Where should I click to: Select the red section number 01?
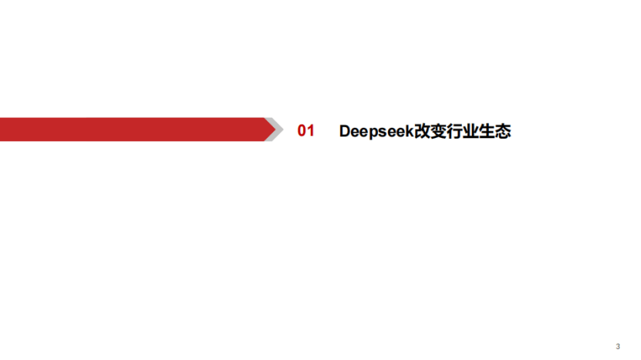coord(305,131)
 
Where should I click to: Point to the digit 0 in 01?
coord(302,131)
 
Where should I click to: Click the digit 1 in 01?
coord(311,131)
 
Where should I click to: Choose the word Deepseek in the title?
coord(376,132)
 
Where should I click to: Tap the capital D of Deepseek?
coord(345,131)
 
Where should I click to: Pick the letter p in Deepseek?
coord(375,133)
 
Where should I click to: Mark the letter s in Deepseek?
coord(385,133)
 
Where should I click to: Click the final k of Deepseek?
coord(410,131)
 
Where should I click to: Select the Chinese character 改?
coord(422,131)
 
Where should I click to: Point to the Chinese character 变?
coord(438,131)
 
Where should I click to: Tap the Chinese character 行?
coord(454,131)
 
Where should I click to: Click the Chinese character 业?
coord(471,131)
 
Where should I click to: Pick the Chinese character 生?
coord(487,131)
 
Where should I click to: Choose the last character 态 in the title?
coord(503,131)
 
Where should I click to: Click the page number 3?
coord(618,347)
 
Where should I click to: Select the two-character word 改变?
coord(430,131)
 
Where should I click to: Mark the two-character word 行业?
coord(463,131)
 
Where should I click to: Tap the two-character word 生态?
coord(495,131)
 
